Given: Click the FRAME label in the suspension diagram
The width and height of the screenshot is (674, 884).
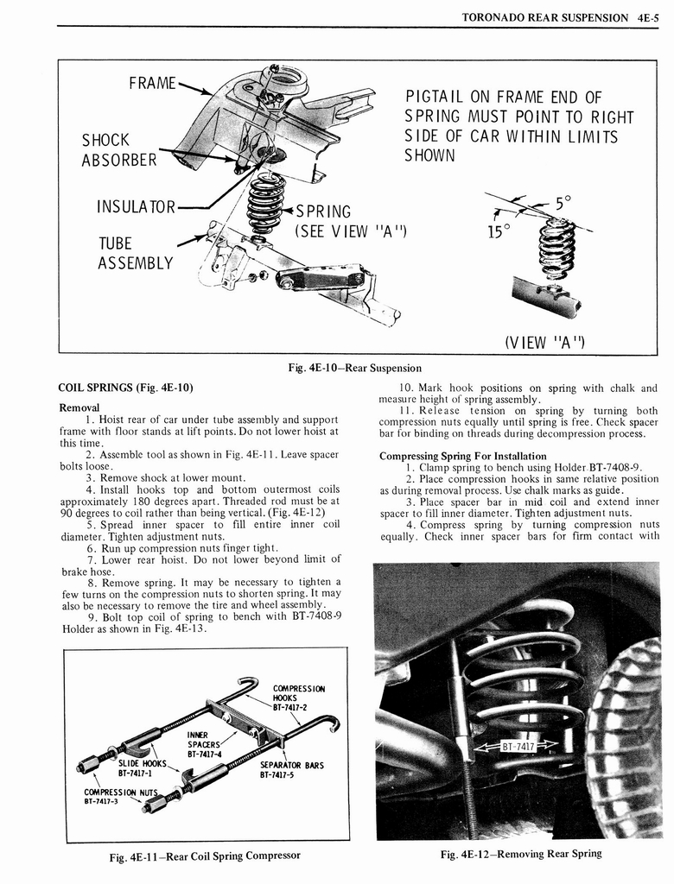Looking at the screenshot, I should pyautogui.click(x=152, y=84).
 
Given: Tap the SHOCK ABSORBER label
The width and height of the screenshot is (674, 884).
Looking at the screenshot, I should pyautogui.click(x=119, y=150).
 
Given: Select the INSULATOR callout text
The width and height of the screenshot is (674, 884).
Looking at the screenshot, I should pyautogui.click(x=137, y=207).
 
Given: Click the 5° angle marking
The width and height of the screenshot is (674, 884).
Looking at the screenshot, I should pyautogui.click(x=563, y=204).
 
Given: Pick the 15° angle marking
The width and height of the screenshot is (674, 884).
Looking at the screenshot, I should pyautogui.click(x=499, y=232).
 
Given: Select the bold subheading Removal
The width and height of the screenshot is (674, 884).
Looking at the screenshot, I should pyautogui.click(x=80, y=407).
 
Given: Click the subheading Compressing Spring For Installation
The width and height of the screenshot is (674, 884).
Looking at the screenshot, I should pyautogui.click(x=463, y=456).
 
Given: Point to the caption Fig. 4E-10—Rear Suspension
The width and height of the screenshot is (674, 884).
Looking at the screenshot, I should pyautogui.click(x=355, y=368).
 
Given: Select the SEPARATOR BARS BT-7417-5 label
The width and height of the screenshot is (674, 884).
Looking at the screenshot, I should pyautogui.click(x=292, y=769).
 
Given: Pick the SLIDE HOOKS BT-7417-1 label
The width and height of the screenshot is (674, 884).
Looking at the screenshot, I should pyautogui.click(x=142, y=769).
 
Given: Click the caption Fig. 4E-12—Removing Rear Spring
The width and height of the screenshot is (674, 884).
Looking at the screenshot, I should pyautogui.click(x=520, y=854).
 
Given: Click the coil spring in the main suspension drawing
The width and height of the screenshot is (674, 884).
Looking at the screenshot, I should pyautogui.click(x=265, y=201).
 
